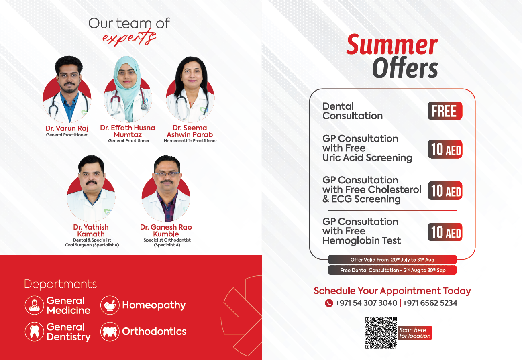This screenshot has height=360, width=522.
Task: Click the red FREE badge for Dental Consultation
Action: [x=445, y=111]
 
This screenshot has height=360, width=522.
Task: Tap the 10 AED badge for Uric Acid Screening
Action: [x=445, y=149]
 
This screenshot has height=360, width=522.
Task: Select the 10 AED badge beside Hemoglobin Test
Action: [x=445, y=232]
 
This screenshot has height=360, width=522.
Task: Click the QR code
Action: [x=381, y=333]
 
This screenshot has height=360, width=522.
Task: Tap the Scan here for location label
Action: [x=415, y=333]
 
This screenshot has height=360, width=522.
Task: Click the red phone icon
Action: [x=329, y=303]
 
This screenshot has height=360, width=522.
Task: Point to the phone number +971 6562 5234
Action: [x=430, y=303]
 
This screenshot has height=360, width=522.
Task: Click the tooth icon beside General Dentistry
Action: [x=35, y=332]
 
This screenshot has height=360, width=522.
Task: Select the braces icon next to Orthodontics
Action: [x=110, y=332]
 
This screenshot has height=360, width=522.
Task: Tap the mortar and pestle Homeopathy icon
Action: [x=110, y=305]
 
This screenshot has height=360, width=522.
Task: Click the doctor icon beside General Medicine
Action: [x=35, y=305]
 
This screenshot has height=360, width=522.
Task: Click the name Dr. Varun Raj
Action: [x=67, y=128]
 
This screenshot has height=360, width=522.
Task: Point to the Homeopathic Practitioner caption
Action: [x=190, y=141]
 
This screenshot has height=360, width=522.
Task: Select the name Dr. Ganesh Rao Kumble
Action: [x=166, y=230]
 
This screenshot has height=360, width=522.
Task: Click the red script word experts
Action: [x=130, y=37]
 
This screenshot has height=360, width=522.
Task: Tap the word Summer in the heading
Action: [x=392, y=44]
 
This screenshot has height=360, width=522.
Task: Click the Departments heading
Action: [x=61, y=284]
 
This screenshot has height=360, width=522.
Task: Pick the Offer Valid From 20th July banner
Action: [x=392, y=260]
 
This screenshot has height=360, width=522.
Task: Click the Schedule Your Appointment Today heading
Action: [x=392, y=291]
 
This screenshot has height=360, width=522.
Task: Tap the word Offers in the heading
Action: [x=405, y=67]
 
